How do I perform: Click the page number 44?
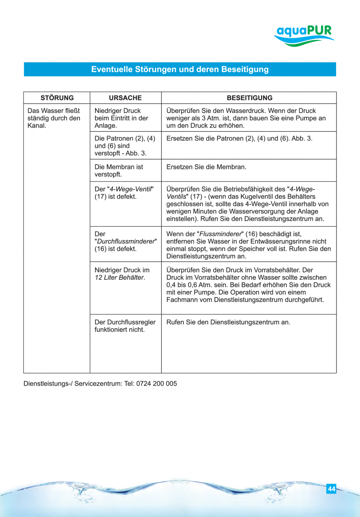tap(331, 489)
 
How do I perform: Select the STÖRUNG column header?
tap(57, 98)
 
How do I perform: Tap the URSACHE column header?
tap(125, 98)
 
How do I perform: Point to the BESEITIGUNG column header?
tap(249, 98)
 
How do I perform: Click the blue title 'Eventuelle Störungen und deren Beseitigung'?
tap(180, 70)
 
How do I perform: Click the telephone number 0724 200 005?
tap(157, 384)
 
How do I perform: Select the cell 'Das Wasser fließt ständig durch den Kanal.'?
tap(54, 118)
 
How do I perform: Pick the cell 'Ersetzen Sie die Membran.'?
tap(206, 167)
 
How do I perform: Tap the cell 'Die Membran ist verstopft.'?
tap(119, 171)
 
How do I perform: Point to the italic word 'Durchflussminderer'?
tap(125, 241)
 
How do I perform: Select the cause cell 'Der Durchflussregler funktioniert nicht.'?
tap(125, 326)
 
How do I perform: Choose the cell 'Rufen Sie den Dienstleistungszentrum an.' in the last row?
tap(228, 322)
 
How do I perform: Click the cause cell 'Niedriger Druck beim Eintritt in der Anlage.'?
tap(121, 118)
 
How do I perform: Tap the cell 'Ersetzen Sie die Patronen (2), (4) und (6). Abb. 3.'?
tap(239, 138)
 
